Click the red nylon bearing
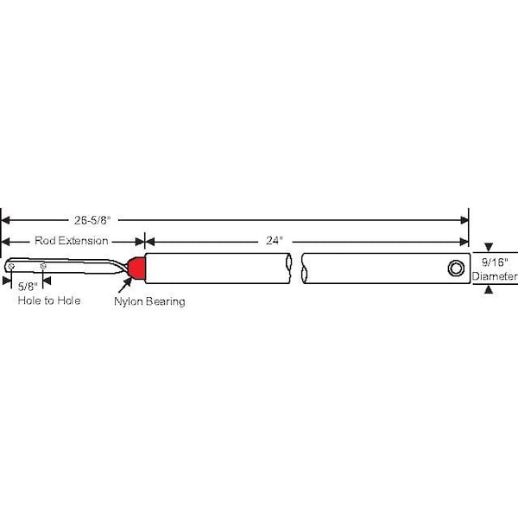136,268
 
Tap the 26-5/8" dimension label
92,220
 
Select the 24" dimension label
275,241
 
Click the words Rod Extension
72,241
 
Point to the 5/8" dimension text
28,287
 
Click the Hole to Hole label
49,300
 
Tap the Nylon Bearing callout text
149,301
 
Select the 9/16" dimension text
495,262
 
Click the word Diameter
495,276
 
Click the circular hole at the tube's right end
456,268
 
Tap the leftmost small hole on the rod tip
11,266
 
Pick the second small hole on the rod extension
43,266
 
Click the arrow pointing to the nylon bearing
125,286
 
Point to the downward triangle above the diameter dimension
489,247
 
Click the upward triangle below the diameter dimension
489,289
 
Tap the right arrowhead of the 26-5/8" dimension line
464,220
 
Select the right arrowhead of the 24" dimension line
464,242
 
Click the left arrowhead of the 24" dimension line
149,242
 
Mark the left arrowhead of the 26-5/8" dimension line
5,220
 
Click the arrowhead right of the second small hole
47,281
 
